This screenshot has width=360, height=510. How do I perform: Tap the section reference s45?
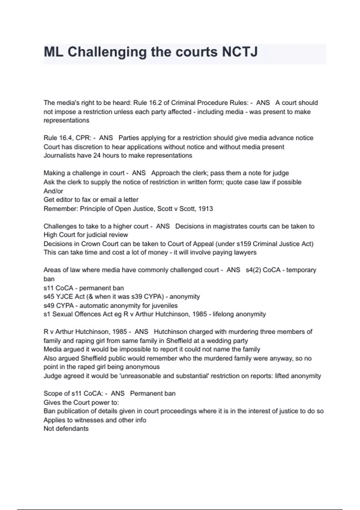[49, 296]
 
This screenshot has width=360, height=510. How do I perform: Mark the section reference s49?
[49, 305]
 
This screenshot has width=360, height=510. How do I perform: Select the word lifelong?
[223, 314]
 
